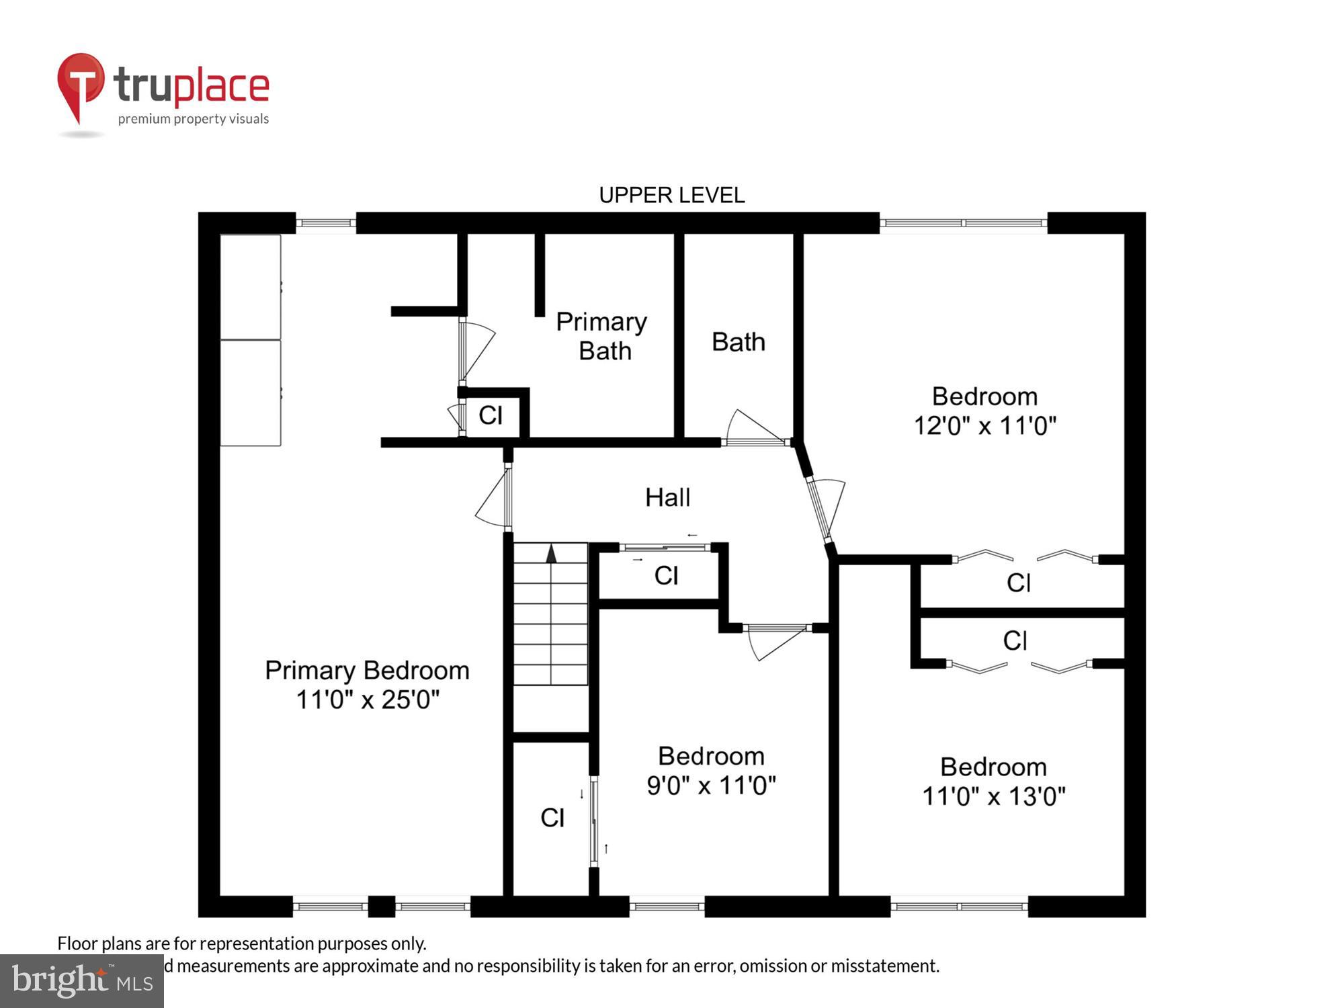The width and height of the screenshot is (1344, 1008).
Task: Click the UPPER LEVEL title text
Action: (x=671, y=195)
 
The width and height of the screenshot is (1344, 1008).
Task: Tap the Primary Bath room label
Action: (x=602, y=336)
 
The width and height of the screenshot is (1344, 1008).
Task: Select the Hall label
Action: (x=667, y=497)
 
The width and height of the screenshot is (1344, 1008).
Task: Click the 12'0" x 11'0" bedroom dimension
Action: (x=984, y=425)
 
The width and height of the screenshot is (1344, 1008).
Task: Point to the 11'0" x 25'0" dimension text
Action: (x=368, y=700)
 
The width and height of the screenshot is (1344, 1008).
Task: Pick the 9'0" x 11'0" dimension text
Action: (x=711, y=785)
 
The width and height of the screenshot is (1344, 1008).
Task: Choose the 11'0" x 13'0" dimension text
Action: (x=993, y=796)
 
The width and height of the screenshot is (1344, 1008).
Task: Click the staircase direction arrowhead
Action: (x=551, y=554)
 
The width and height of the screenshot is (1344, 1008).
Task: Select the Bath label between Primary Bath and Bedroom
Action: (x=738, y=342)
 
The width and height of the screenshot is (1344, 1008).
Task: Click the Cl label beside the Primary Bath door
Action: (x=491, y=415)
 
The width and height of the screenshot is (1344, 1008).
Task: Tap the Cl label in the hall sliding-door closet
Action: (x=666, y=575)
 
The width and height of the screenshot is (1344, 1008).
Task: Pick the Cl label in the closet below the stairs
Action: (x=552, y=818)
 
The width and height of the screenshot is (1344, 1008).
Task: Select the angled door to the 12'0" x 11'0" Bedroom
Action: (x=826, y=507)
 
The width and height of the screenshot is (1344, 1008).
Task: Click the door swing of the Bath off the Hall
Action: (x=753, y=427)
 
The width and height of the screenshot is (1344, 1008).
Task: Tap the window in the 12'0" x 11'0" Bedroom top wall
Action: (x=963, y=222)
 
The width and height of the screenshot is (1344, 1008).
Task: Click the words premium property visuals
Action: (x=194, y=119)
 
